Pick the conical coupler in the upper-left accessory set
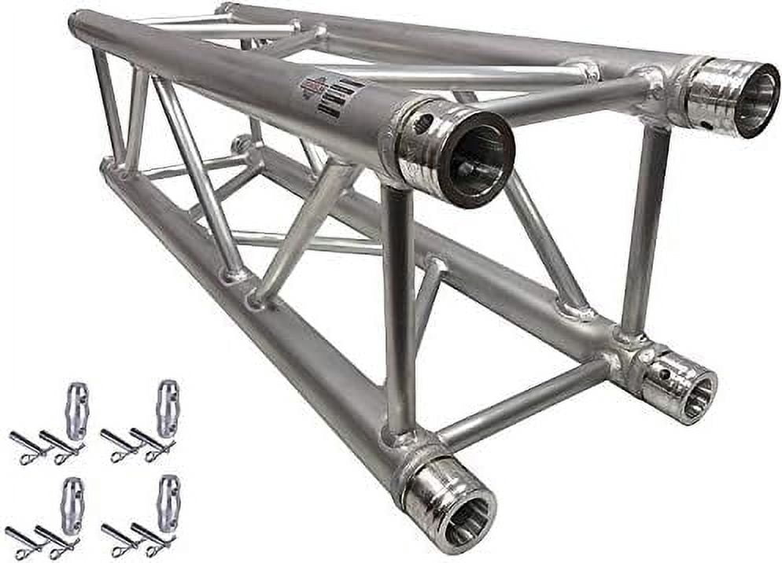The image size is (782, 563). tap(77, 410)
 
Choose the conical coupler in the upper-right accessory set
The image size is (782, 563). tap(167, 408)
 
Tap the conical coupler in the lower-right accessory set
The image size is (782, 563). tap(167, 504)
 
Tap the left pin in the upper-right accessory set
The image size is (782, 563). tap(120, 443)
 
